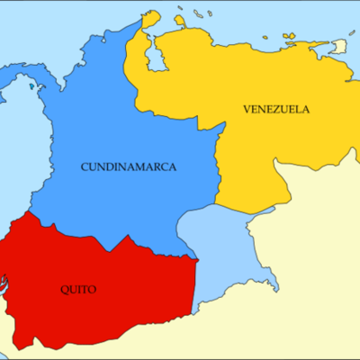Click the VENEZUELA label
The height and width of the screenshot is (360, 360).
coord(276,109)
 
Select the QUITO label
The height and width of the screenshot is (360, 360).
coord(78,289)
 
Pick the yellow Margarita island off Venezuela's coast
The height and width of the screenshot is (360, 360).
coord(289,36)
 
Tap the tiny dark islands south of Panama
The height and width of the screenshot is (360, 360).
coord(36,86)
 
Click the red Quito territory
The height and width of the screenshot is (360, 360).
coord(108,270)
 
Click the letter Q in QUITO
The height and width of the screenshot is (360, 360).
coord(64,289)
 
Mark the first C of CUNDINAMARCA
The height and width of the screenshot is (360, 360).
coord(85,166)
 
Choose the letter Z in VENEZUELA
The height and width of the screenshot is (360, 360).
coord(274,109)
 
